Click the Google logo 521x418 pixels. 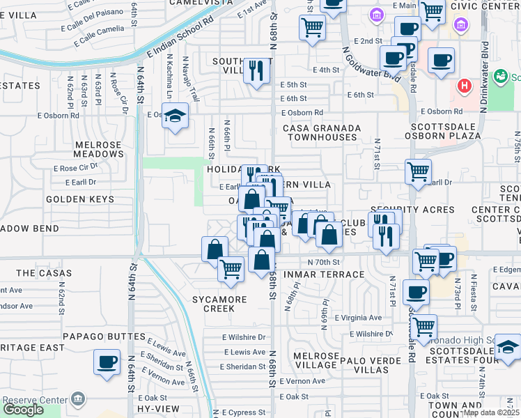click(x=23, y=409)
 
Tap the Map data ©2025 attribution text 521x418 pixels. click(x=491, y=412)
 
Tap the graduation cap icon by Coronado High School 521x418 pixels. click(x=508, y=348)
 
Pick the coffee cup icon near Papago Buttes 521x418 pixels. click(x=107, y=362)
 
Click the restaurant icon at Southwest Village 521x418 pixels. click(x=256, y=70)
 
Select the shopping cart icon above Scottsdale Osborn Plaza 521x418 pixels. click(x=418, y=171)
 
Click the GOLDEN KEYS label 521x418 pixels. click(x=75, y=199)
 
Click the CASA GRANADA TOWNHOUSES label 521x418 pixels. click(x=321, y=132)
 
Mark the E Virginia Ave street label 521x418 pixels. click(x=357, y=318)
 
